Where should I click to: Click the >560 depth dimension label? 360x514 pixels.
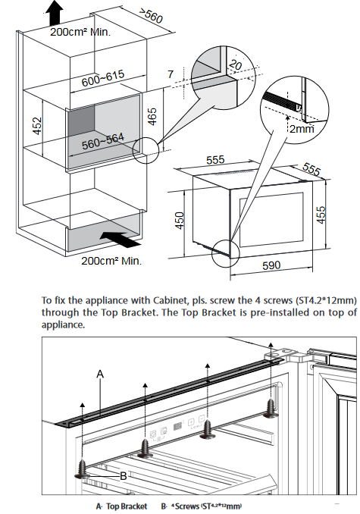[150, 15]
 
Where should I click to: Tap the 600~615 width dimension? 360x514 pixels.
[103, 78]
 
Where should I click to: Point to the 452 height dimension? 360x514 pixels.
[38, 126]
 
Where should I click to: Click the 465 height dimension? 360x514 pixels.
[152, 117]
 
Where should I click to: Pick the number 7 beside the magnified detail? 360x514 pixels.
[171, 74]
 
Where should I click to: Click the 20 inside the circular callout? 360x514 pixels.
[235, 64]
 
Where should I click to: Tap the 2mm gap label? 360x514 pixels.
[302, 129]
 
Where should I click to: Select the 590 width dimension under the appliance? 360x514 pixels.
[271, 265]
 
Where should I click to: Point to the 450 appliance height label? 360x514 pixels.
[180, 221]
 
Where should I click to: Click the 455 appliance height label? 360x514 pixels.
[321, 215]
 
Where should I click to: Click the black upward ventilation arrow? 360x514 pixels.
[55, 12]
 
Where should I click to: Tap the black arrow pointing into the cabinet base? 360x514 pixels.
[121, 240]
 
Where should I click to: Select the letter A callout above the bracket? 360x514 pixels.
[100, 374]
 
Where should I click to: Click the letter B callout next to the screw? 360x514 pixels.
[124, 475]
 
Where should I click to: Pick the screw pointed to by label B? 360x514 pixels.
[82, 469]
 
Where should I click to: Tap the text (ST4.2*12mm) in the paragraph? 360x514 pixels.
[326, 300]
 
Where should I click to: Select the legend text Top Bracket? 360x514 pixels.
[127, 506]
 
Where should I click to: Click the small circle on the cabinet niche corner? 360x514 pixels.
[146, 150]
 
